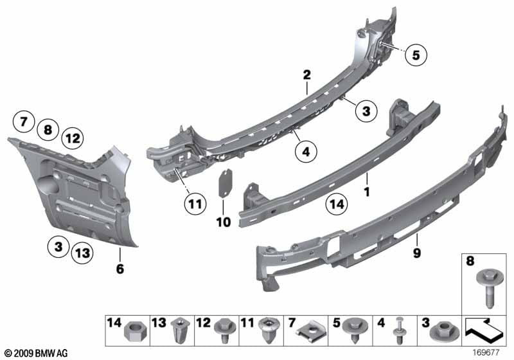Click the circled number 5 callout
[416, 56]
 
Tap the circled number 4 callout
[306, 152]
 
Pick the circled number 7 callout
[24, 120]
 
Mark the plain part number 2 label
[307, 75]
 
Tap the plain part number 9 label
[416, 253]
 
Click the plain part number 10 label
[223, 222]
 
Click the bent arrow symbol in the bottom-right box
[483, 333]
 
